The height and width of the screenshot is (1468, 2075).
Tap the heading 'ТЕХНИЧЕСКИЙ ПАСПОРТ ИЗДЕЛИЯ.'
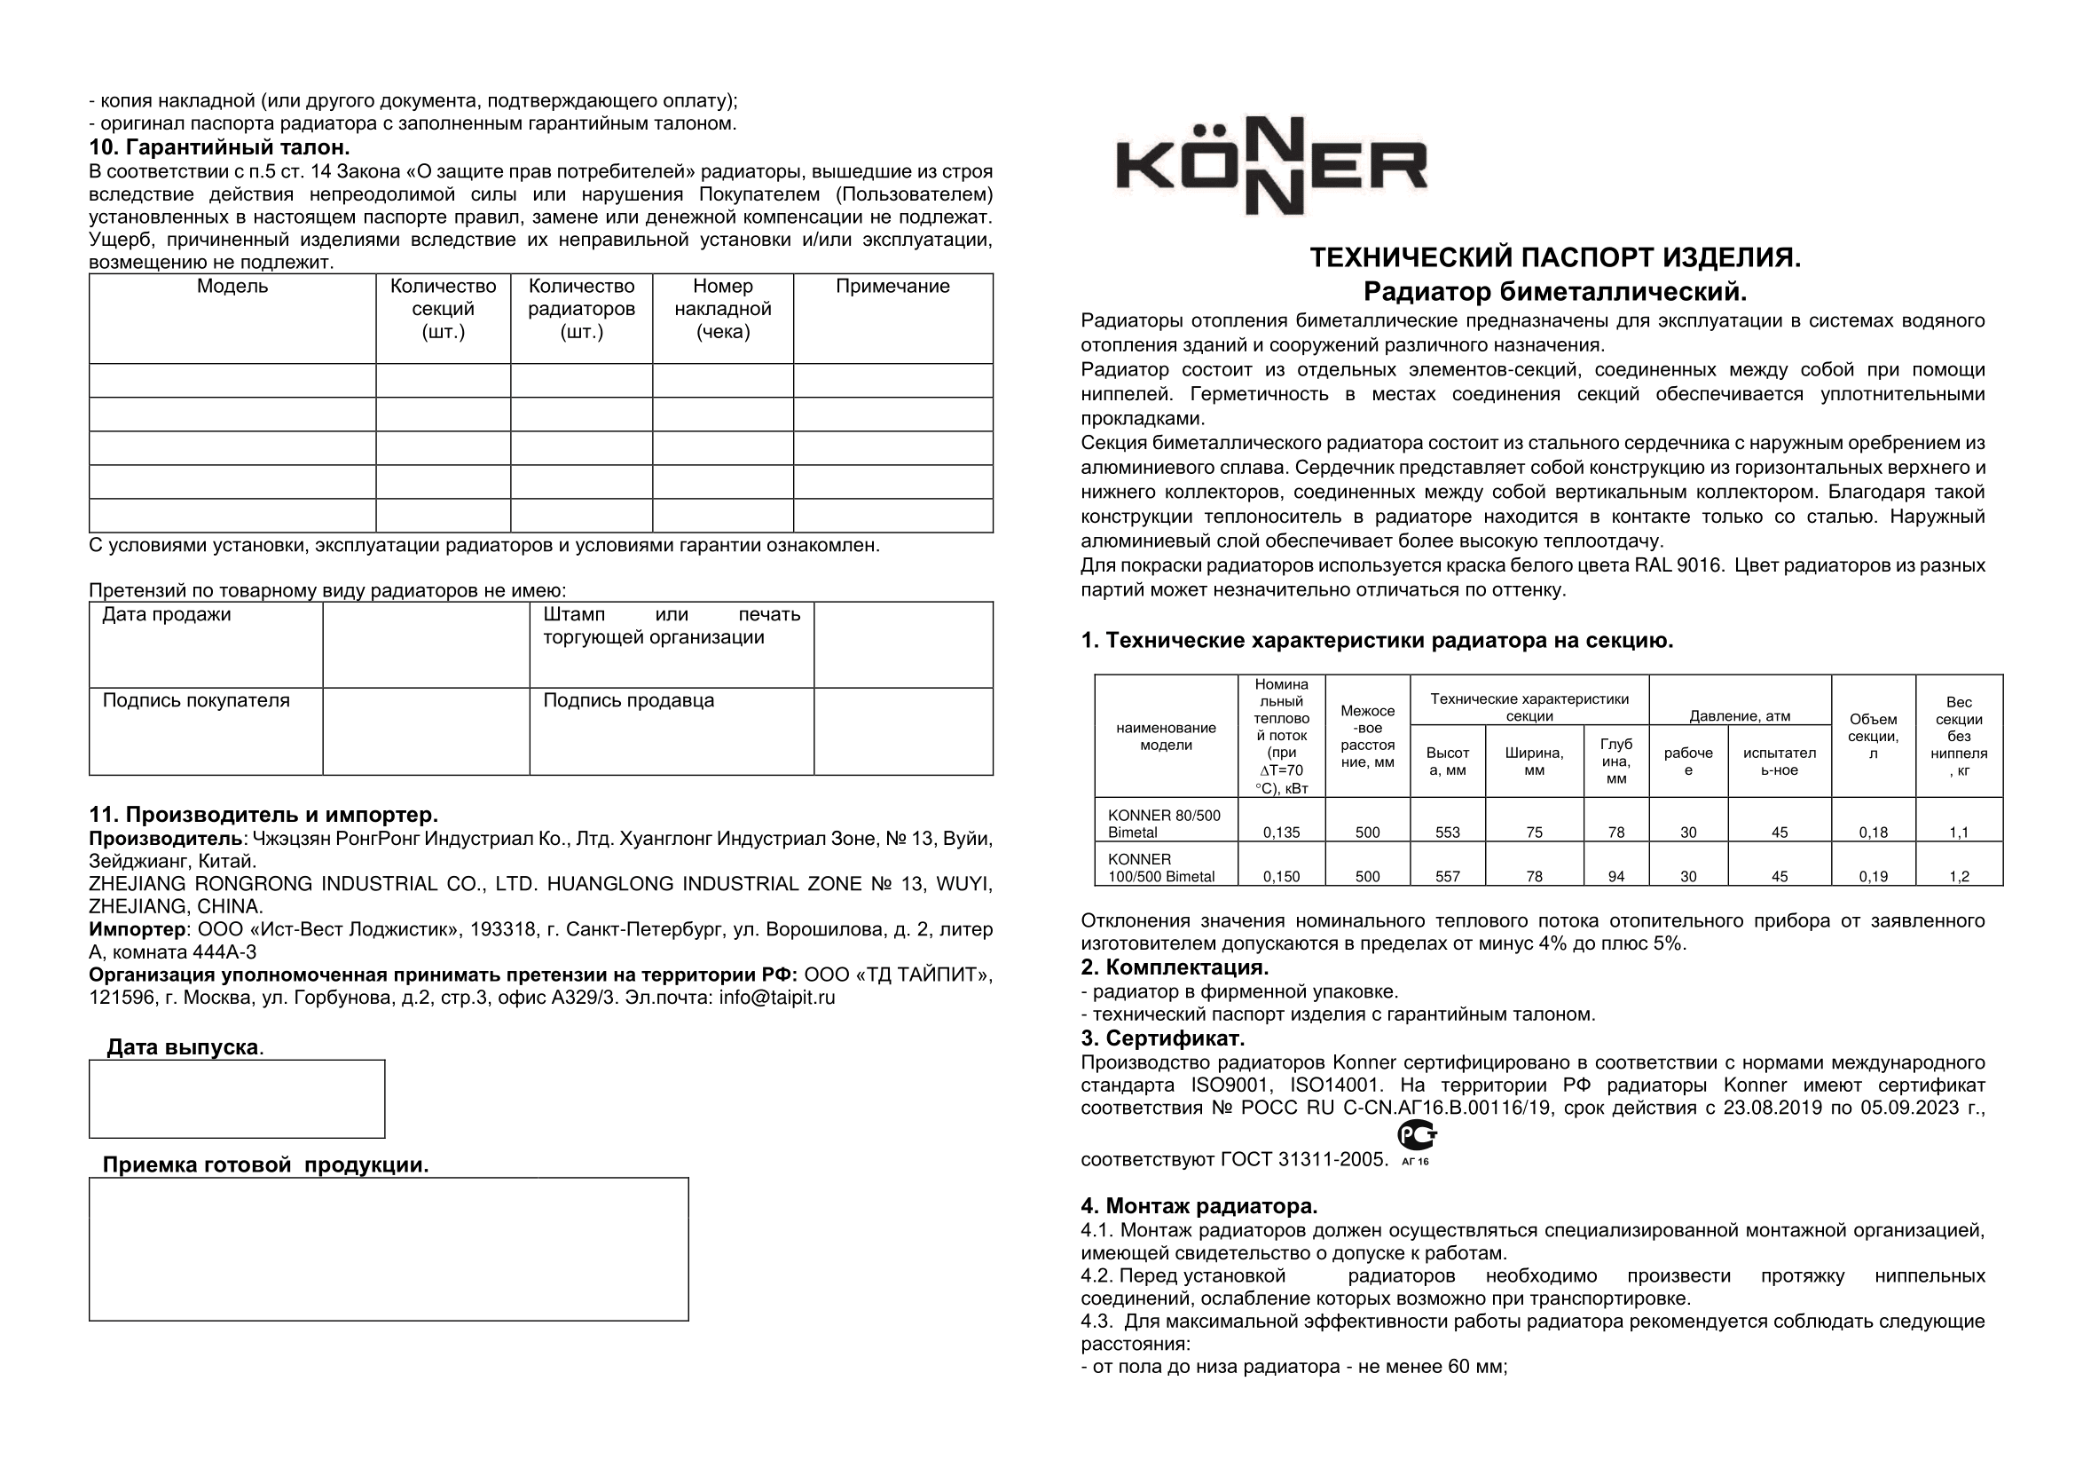(x=1554, y=258)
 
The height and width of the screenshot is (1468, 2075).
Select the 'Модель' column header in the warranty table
(x=232, y=288)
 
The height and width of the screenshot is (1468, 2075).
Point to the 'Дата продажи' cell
(x=166, y=616)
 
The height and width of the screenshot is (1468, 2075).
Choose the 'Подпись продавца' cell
(x=628, y=701)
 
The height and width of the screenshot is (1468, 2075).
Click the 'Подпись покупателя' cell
(x=195, y=701)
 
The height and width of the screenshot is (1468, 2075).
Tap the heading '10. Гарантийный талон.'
(x=219, y=147)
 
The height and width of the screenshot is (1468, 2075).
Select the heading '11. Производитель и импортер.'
(x=263, y=816)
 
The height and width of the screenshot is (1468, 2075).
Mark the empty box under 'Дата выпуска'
(x=237, y=1098)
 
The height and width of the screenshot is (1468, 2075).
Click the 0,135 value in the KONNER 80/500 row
(x=1282, y=833)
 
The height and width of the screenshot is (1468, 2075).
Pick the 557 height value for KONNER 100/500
(x=1447, y=876)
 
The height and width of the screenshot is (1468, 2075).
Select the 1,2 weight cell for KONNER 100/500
(x=1959, y=876)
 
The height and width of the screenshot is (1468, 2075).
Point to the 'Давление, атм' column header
(x=1740, y=717)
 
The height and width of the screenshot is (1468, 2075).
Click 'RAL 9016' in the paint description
(x=1674, y=566)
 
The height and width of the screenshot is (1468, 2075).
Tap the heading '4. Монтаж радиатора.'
(x=1199, y=1206)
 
